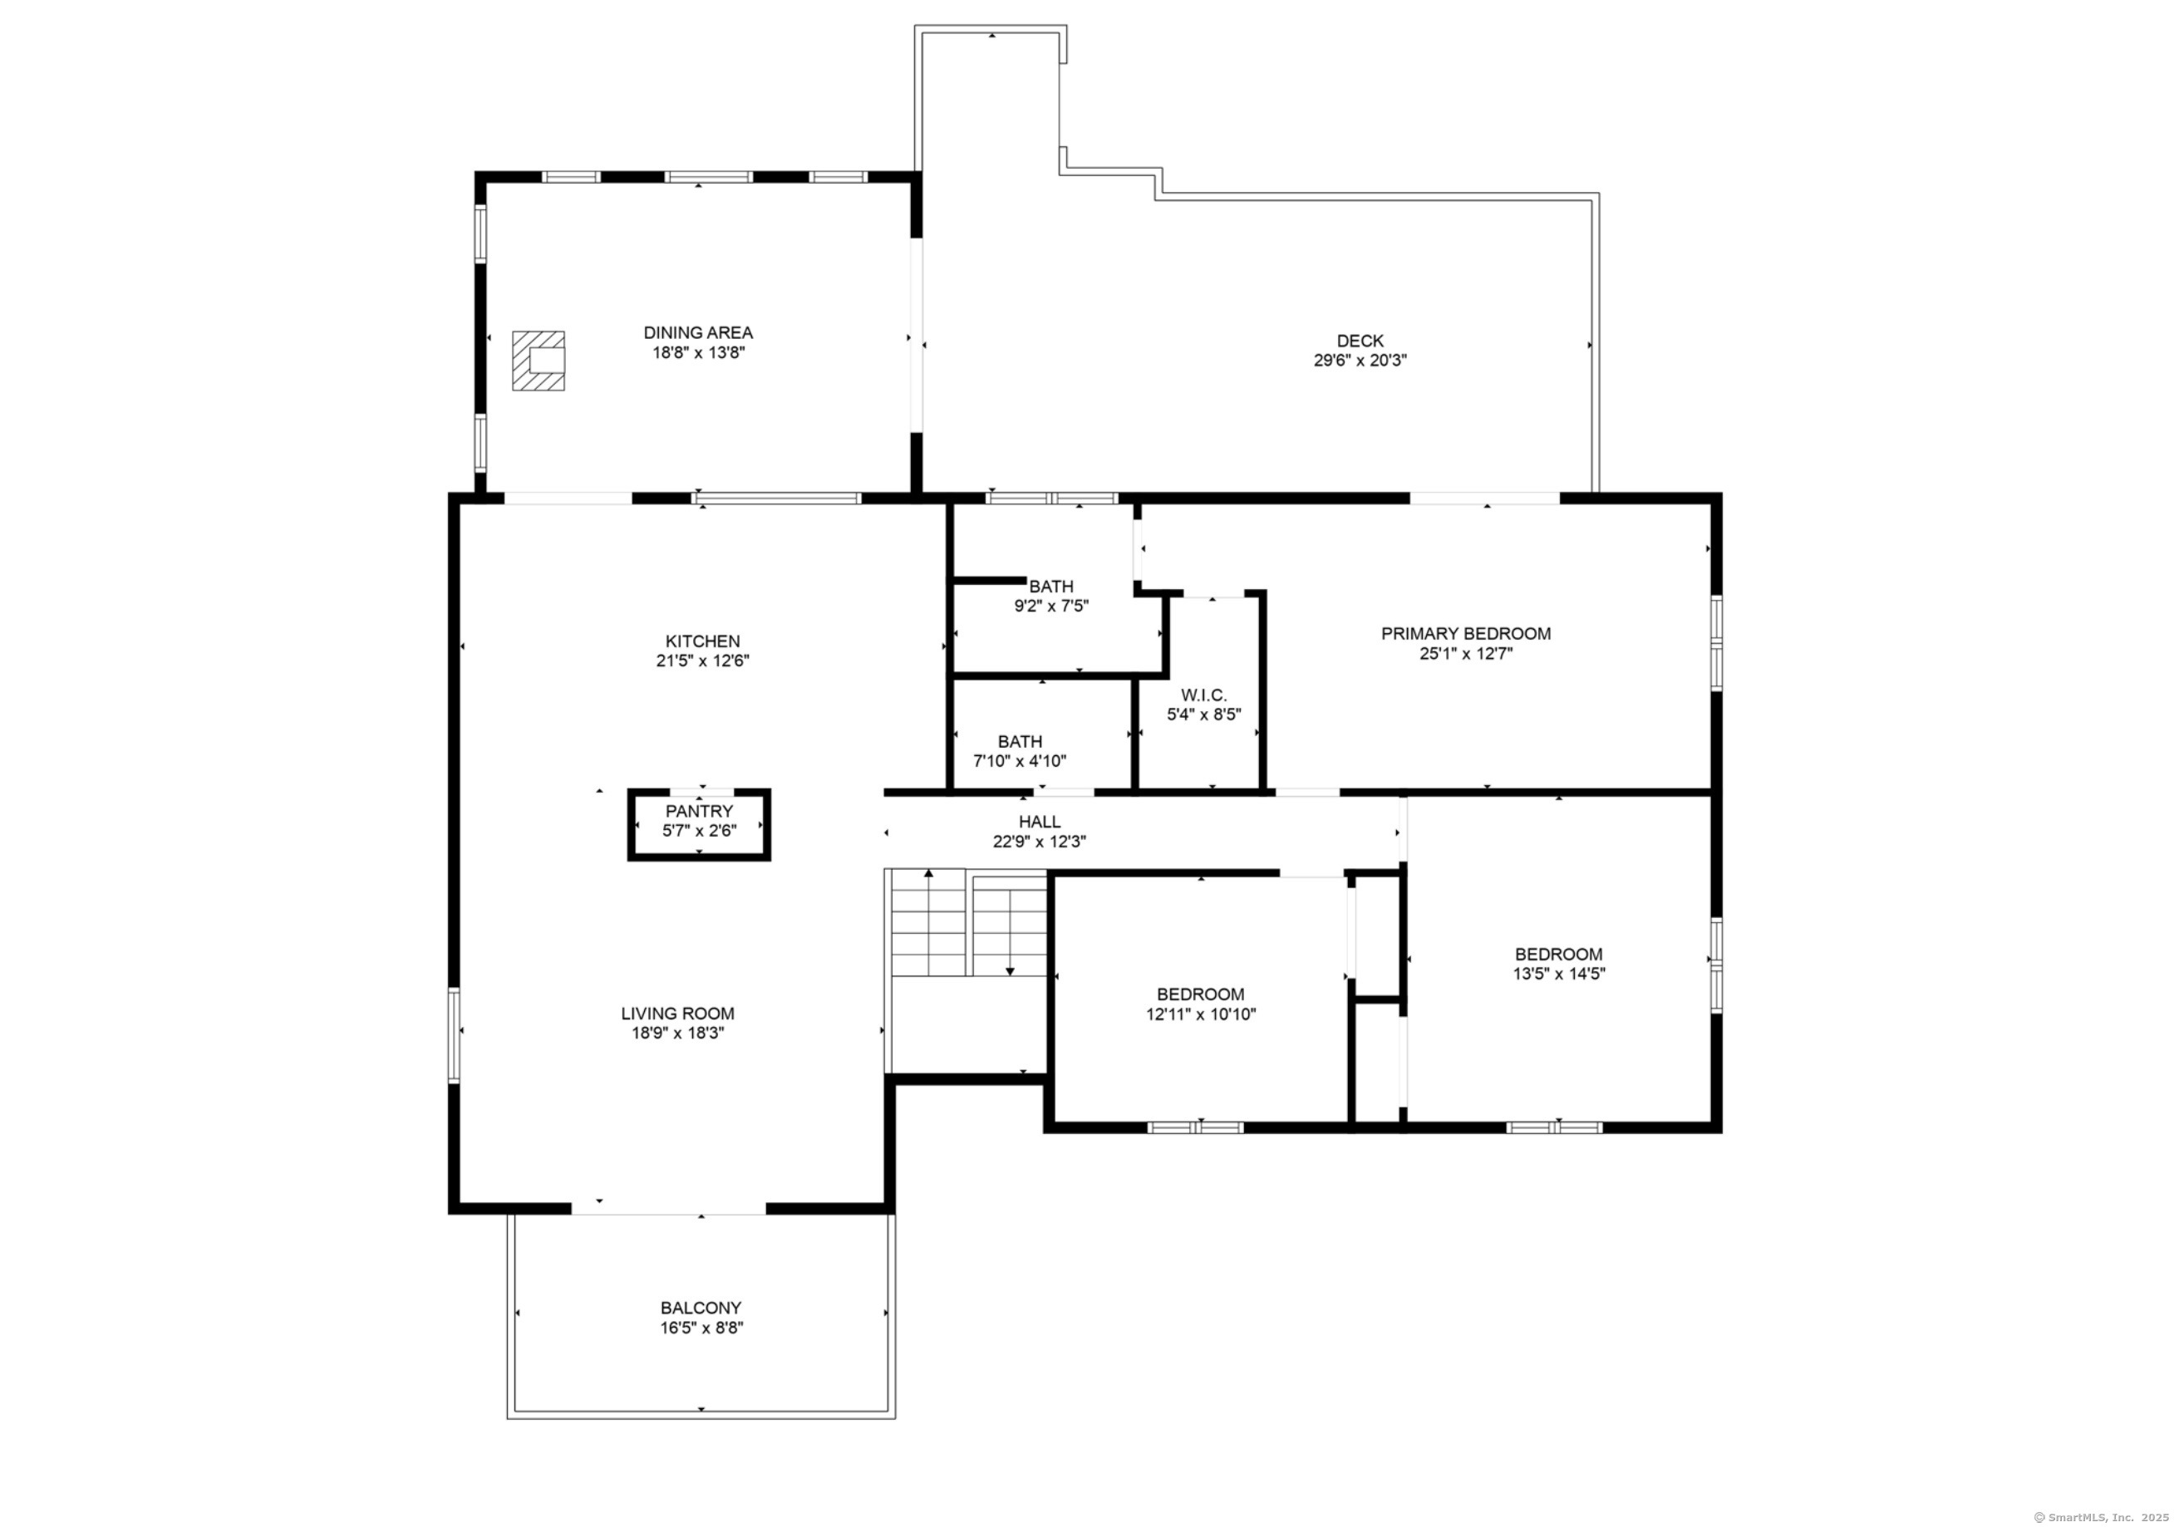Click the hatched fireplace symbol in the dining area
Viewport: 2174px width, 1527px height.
point(539,361)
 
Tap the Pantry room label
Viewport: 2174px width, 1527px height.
point(699,812)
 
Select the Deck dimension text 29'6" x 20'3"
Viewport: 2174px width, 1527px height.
point(1360,361)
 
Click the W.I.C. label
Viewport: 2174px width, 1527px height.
point(1203,695)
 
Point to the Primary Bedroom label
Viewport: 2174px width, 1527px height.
point(1466,633)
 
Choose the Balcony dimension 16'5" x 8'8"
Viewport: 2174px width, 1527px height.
point(701,1328)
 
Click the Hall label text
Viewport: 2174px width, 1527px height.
point(1040,822)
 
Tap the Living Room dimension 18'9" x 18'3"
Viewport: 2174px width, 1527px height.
point(678,1033)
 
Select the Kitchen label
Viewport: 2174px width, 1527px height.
point(702,641)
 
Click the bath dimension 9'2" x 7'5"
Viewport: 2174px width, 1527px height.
point(1051,606)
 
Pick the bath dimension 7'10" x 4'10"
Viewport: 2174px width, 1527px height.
point(1020,761)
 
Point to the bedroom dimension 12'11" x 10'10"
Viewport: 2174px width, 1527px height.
point(1201,1014)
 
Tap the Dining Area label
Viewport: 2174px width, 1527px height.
point(699,332)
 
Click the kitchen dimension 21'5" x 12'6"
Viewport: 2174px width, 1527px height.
point(702,660)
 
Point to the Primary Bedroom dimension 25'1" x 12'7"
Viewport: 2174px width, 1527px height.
point(1466,653)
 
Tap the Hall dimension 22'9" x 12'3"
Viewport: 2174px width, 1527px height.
point(1040,842)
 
